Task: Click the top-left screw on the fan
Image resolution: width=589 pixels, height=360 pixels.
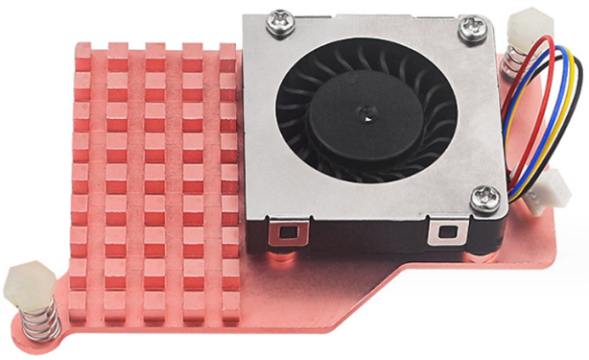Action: click(x=281, y=19)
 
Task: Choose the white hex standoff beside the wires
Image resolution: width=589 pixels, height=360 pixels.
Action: click(x=526, y=26)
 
